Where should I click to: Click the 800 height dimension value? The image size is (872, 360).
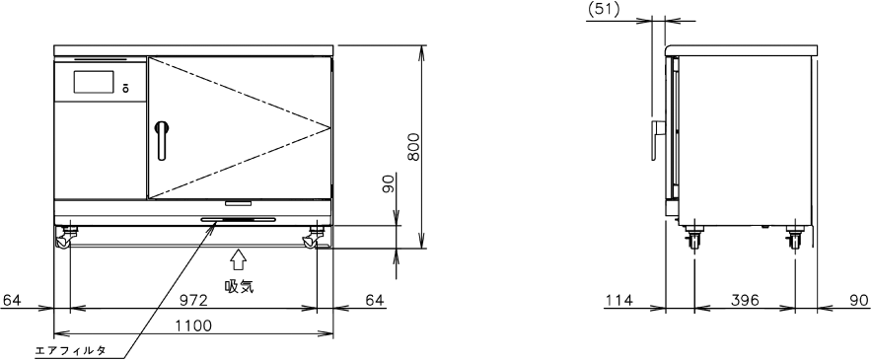[x=413, y=147]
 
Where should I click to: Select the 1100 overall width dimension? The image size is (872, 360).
[x=193, y=325]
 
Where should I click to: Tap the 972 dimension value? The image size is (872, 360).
[x=193, y=301]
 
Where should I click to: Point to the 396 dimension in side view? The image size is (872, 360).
[x=745, y=301]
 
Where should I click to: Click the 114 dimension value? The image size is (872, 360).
[x=618, y=301]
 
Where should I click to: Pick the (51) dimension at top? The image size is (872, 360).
[x=604, y=11]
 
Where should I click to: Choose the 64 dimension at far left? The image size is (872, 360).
[x=11, y=301]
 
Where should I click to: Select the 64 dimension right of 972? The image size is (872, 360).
[x=375, y=301]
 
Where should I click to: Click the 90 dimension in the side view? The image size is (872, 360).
[x=860, y=301]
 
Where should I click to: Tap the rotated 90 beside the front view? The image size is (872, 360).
[x=389, y=183]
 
